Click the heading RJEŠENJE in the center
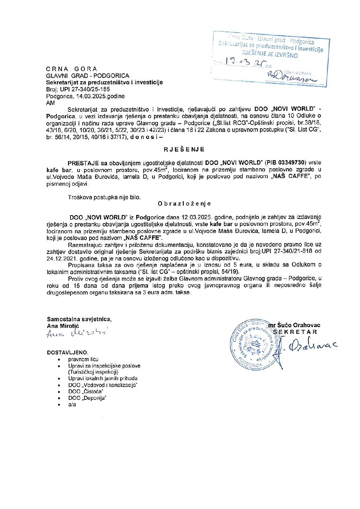click(184, 150)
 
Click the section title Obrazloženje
click(184, 204)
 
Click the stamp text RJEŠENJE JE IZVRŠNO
click(270, 54)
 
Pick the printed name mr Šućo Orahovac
click(294, 325)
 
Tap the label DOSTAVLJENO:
click(67, 353)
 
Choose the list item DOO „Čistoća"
click(86, 392)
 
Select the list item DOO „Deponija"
click(87, 398)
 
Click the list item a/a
click(72, 405)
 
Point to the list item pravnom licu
click(83, 359)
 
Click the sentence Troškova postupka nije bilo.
click(104, 197)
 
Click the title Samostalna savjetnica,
click(79, 319)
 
